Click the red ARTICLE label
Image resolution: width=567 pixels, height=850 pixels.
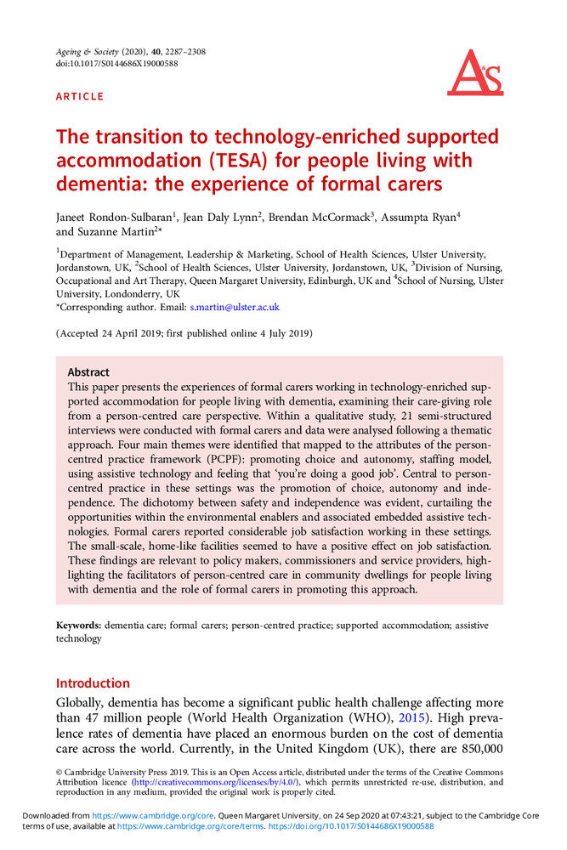[80, 97]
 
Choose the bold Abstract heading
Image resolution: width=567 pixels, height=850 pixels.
[88, 372]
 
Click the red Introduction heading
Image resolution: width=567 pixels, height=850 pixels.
[93, 683]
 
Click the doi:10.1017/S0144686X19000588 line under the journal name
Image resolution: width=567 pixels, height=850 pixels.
[116, 64]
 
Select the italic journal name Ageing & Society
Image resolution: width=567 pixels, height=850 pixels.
[88, 52]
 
